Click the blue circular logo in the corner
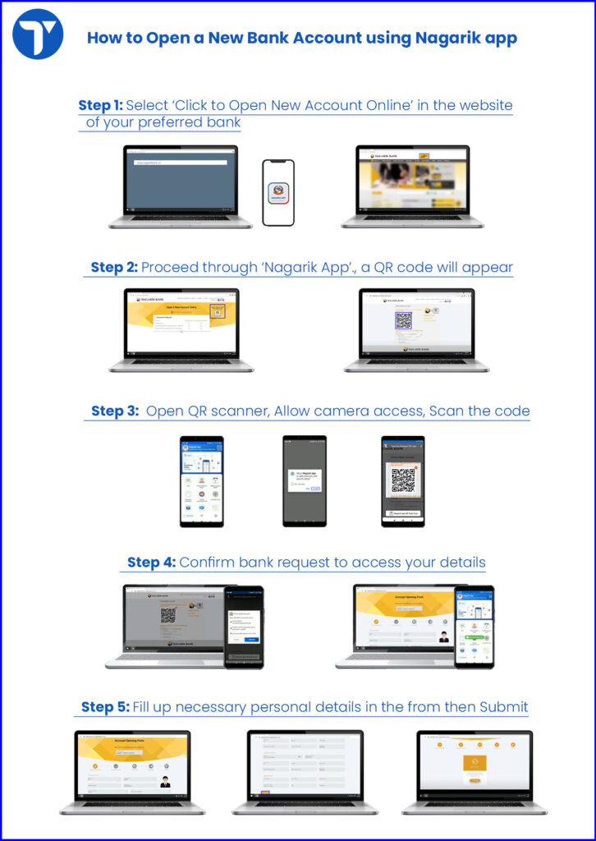point(39,34)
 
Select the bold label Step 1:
point(100,105)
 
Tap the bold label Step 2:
point(113,267)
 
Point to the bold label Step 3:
point(115,411)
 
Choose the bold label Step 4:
point(151,563)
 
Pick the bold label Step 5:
point(105,706)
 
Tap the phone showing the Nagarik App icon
point(278,192)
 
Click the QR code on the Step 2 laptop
point(402,320)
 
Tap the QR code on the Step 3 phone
point(403,480)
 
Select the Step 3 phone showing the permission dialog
point(305,480)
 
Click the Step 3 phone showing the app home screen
point(202,480)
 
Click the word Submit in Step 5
point(503,706)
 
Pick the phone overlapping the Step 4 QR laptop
point(245,626)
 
